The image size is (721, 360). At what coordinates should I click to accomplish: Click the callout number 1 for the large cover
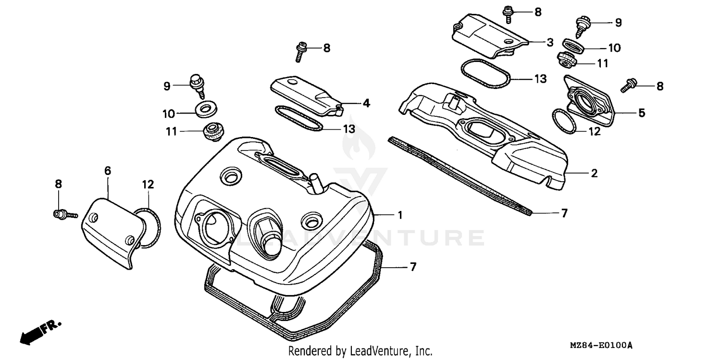tap(399, 215)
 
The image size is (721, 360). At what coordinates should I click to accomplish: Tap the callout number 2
tap(594, 174)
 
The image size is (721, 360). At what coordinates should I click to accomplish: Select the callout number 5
tap(641, 113)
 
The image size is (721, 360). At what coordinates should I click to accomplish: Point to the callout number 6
tap(107, 170)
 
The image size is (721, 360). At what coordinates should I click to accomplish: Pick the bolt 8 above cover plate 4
tap(301, 51)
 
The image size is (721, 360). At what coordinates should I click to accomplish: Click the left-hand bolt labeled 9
tap(195, 84)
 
